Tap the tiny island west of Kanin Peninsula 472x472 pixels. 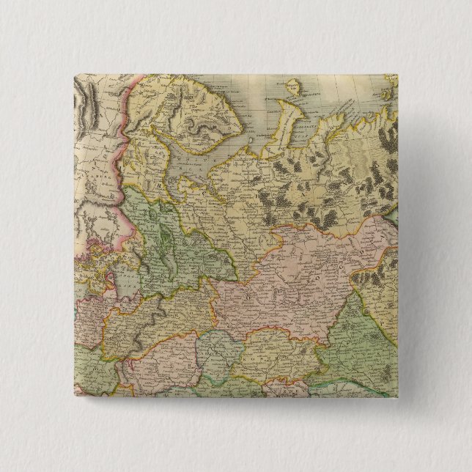tap(250, 139)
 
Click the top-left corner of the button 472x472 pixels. tap(73, 73)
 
